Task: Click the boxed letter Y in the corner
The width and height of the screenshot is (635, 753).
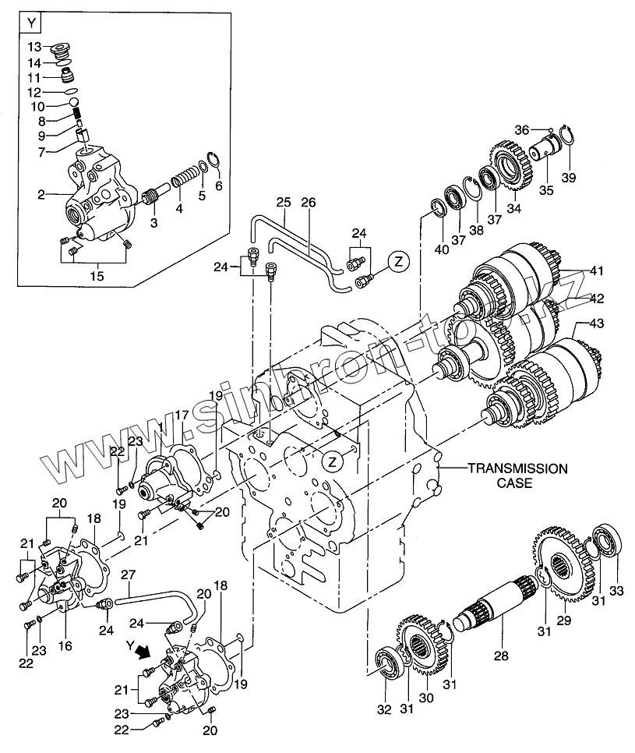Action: pos(32,23)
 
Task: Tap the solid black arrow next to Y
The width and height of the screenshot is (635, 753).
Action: pos(143,652)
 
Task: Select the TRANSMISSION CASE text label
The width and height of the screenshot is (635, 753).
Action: pos(517,475)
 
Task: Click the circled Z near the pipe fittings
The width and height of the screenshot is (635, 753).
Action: pos(399,262)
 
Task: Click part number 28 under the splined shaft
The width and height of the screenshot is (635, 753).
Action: pos(501,655)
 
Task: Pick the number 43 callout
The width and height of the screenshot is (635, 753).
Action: pos(596,323)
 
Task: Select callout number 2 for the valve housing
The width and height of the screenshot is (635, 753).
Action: pos(41,195)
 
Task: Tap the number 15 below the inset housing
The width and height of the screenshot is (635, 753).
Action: pos(98,276)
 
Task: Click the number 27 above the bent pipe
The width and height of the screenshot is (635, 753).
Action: pos(128,574)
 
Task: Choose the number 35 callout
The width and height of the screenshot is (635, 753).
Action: pos(545,190)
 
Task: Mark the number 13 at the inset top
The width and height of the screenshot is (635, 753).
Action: pos(34,47)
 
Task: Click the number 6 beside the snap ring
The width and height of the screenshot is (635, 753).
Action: pos(219,186)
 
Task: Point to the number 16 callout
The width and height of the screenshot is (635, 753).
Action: pos(65,645)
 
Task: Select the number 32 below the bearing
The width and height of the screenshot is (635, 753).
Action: pos(384,709)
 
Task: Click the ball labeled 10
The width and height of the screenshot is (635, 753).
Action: pos(73,102)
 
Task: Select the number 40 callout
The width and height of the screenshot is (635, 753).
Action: pos(442,249)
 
